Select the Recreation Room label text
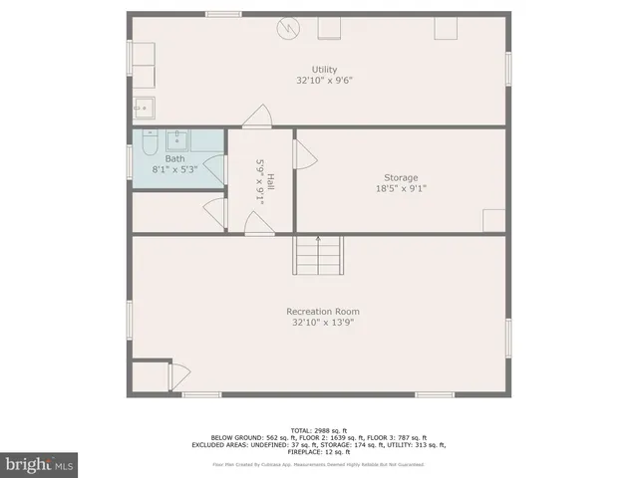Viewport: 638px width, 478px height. pyautogui.click(x=323, y=312)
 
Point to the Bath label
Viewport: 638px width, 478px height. pyautogui.click(x=174, y=158)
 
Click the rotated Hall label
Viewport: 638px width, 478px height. pyautogui.click(x=270, y=181)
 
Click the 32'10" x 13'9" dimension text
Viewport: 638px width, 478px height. pyautogui.click(x=323, y=323)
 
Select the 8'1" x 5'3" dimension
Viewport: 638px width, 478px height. pyautogui.click(x=174, y=169)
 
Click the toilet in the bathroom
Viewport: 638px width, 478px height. pyautogui.click(x=149, y=145)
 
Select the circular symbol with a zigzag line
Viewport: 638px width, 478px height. pyautogui.click(x=288, y=28)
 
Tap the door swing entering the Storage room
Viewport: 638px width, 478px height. pyautogui.click(x=304, y=153)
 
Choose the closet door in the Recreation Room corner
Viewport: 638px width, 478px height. pyautogui.click(x=179, y=375)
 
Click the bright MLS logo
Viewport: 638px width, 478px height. pyautogui.click(x=40, y=463)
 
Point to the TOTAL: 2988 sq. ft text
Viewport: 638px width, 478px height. pyautogui.click(x=318, y=429)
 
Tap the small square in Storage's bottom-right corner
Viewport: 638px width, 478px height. pyautogui.click(x=494, y=220)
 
